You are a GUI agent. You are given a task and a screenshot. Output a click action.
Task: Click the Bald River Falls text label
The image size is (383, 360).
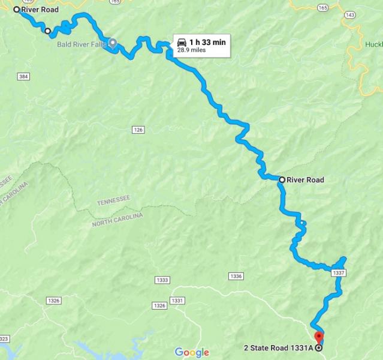tap(81, 44)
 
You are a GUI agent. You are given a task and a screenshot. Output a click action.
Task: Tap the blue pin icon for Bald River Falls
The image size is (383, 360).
tap(112, 44)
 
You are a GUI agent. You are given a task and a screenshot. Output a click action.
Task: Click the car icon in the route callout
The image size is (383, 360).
tap(182, 42)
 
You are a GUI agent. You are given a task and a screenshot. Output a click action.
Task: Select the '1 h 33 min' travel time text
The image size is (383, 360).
tap(207, 42)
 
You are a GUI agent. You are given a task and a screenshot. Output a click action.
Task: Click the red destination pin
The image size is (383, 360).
tap(319, 337)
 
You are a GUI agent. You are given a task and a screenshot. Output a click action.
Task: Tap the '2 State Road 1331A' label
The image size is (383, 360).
tap(278, 347)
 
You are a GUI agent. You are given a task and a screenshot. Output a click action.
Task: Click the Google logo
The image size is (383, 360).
tap(192, 352)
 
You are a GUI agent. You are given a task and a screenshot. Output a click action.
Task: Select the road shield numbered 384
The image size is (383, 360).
tap(23, 77)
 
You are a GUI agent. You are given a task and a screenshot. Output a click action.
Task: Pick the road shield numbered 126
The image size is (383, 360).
tap(138, 130)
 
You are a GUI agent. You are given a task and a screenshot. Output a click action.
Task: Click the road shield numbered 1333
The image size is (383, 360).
tap(161, 280)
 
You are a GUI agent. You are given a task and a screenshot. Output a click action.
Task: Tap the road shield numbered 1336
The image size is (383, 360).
tap(236, 276)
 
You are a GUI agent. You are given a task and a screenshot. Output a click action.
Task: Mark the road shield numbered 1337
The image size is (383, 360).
tap(338, 273)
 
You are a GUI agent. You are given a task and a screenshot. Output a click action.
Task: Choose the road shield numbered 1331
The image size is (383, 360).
tap(177, 300)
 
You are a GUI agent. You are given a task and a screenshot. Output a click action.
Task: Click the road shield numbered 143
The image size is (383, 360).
tap(351, 14)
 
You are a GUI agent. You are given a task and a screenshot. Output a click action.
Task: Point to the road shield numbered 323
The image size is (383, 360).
tap(3, 340)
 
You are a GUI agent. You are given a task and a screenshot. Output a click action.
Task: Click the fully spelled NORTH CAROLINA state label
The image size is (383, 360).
tap(117, 220)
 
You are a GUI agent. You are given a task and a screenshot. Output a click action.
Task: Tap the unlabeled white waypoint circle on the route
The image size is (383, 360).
tap(47, 31)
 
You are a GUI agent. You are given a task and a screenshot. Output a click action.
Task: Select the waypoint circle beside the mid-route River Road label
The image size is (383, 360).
tap(282, 179)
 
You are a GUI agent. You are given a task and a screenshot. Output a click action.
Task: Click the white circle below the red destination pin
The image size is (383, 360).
tap(318, 347)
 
